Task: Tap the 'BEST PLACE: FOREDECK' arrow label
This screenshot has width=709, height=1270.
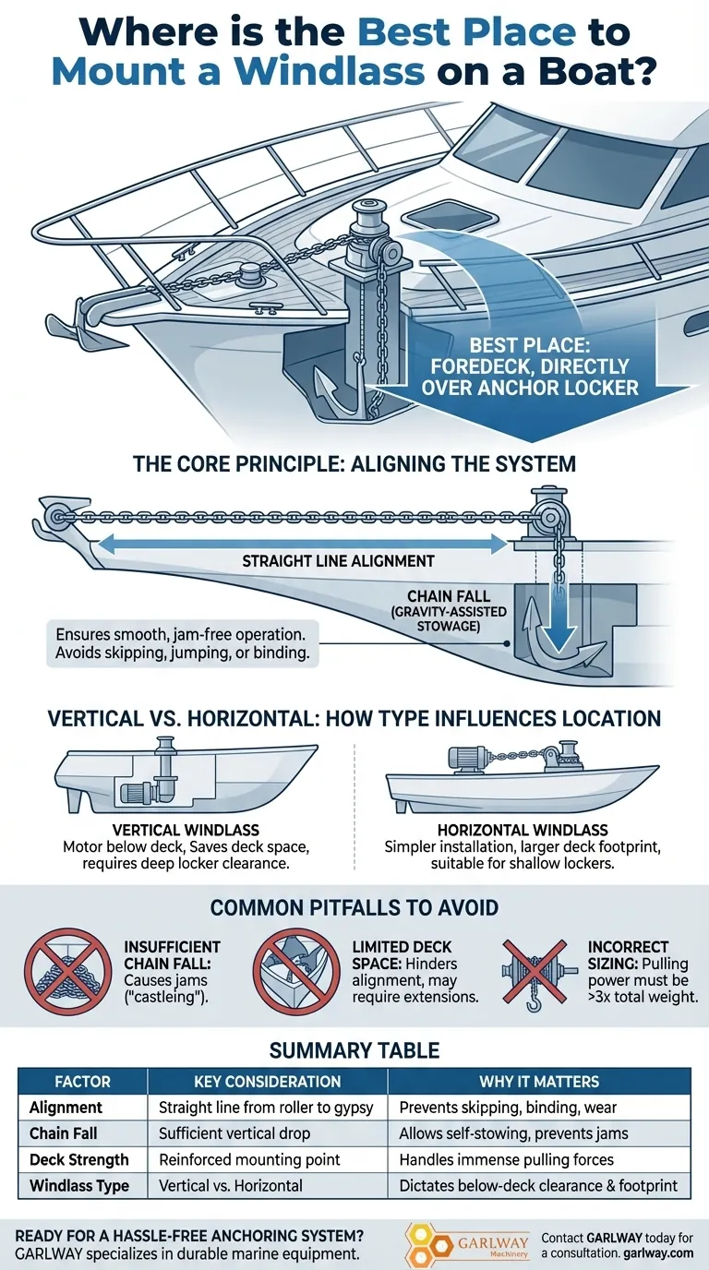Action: click(x=530, y=366)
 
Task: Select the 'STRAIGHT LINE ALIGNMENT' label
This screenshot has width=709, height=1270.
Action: click(x=338, y=561)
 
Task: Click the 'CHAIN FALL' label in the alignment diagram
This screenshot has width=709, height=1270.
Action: click(x=448, y=596)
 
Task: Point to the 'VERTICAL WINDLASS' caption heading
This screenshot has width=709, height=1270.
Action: click(x=186, y=830)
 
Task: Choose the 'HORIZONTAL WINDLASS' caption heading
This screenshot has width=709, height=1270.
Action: click(x=523, y=830)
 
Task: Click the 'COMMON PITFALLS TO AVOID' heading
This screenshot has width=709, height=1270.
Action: click(x=354, y=907)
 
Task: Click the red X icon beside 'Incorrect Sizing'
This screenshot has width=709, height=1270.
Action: click(x=535, y=971)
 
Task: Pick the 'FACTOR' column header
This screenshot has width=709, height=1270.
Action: click(x=82, y=1081)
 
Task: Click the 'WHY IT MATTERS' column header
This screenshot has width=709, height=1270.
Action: click(x=539, y=1081)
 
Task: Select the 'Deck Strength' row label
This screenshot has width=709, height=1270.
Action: click(x=79, y=1159)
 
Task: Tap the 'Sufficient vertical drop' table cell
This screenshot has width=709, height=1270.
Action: click(x=234, y=1133)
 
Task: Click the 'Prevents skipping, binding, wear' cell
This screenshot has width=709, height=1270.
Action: click(x=508, y=1108)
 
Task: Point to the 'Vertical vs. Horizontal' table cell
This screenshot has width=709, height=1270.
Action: click(x=230, y=1185)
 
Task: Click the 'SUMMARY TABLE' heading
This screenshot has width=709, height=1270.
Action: click(x=354, y=1050)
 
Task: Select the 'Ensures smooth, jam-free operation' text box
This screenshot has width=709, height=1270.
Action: click(x=183, y=643)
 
